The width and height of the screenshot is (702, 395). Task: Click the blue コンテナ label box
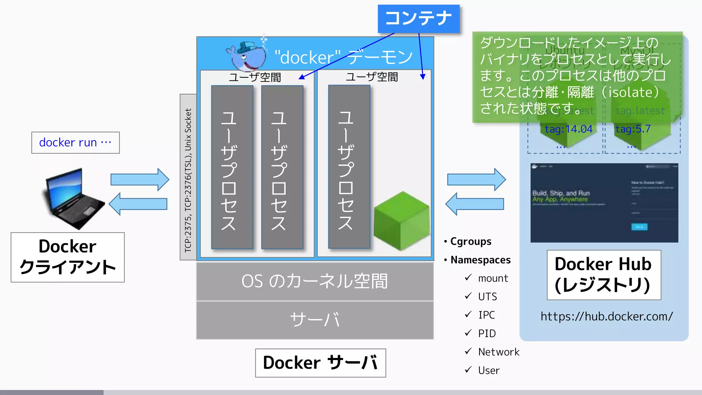(x=419, y=19)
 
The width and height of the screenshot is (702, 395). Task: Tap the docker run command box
(x=75, y=143)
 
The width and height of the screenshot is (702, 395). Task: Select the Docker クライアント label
(x=68, y=257)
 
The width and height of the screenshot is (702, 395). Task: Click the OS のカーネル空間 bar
(x=315, y=282)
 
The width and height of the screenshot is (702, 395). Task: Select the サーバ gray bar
(x=315, y=320)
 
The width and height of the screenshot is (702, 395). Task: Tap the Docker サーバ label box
(x=320, y=363)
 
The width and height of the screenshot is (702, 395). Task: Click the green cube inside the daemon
(x=401, y=221)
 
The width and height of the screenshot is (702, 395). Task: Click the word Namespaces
(x=480, y=260)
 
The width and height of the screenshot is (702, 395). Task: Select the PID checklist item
(x=487, y=333)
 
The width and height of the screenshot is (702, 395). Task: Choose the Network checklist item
(x=498, y=352)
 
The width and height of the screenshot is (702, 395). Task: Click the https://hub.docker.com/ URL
(x=606, y=316)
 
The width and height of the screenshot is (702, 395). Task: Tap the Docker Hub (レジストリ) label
(x=603, y=275)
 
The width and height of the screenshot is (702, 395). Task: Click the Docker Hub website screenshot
(x=604, y=203)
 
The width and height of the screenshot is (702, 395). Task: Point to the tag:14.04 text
(x=568, y=129)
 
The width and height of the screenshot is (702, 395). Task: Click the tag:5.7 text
(x=633, y=129)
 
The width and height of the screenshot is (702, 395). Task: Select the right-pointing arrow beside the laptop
(x=140, y=179)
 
